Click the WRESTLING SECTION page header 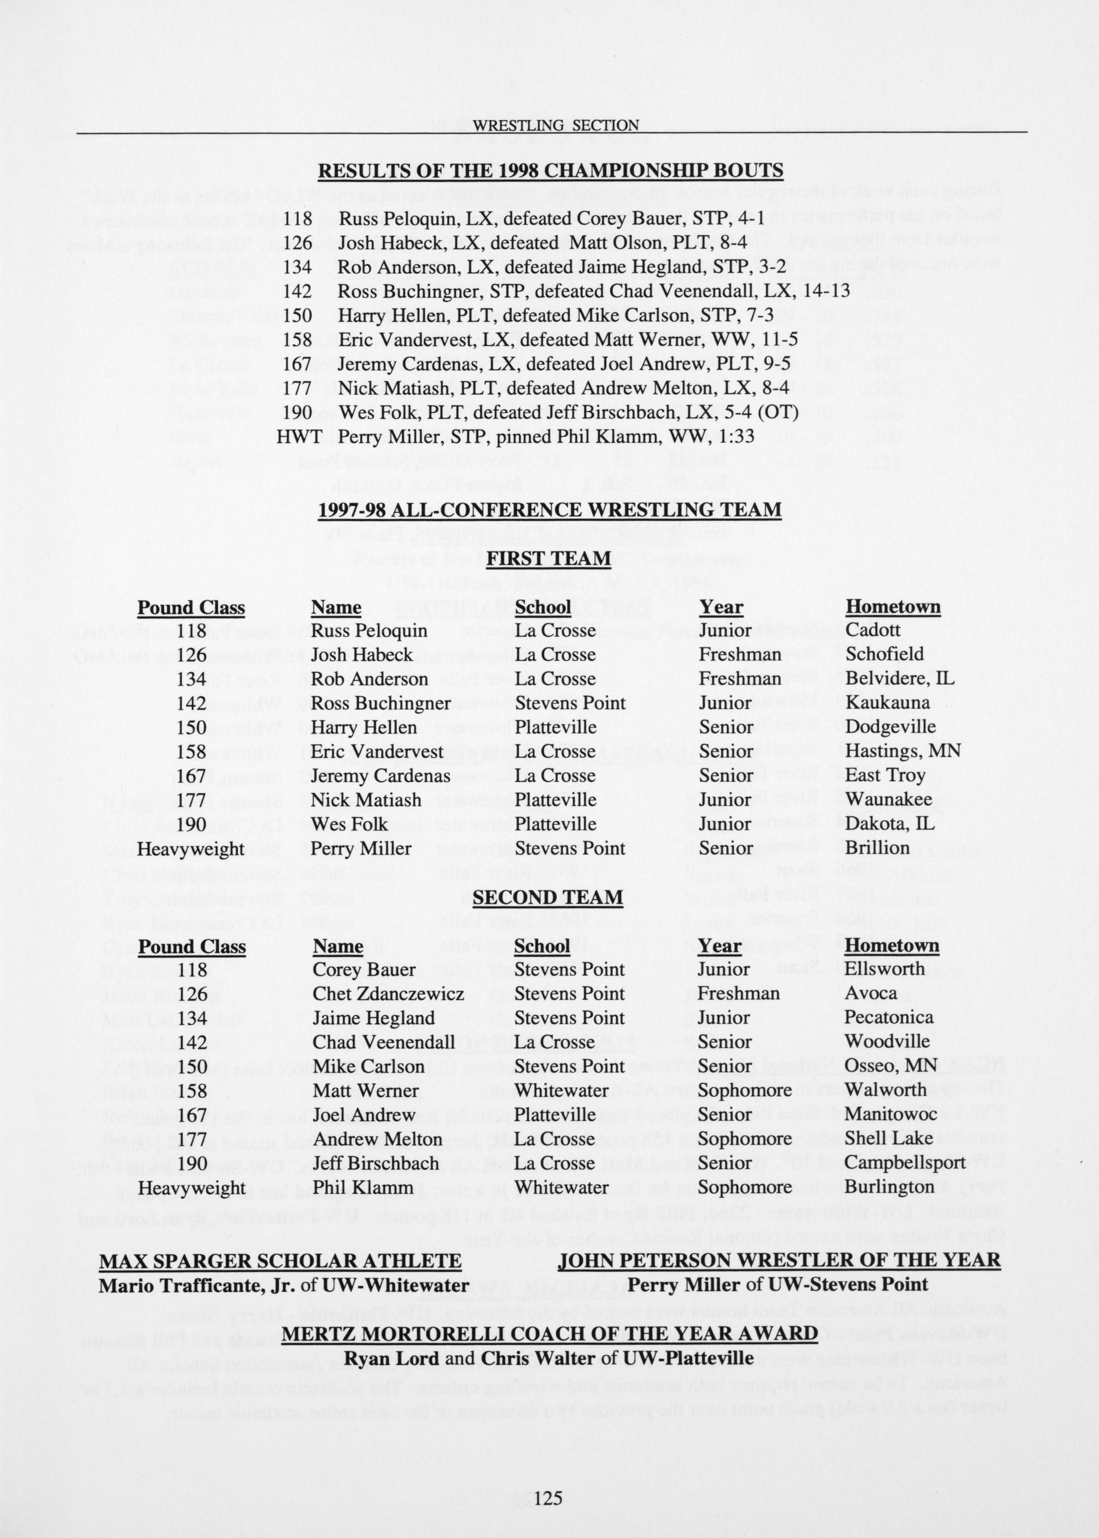(556, 125)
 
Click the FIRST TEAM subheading (549, 559)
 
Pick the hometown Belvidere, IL (899, 679)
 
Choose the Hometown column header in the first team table (893, 607)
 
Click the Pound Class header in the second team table (192, 946)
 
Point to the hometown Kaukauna (887, 703)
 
